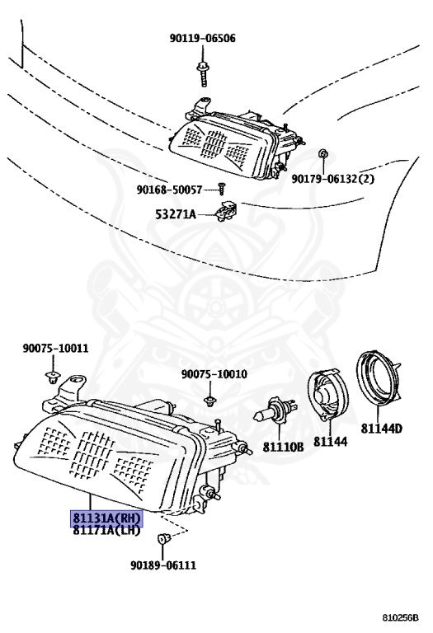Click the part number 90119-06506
coord(202,39)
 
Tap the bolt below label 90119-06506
coord(202,74)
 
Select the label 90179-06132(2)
coord(333,179)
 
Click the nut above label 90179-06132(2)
coord(322,154)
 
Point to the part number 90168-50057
coord(169,190)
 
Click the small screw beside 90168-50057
coord(221,188)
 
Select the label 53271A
coord(176,214)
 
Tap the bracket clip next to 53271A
coord(227,211)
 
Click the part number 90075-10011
coord(55,349)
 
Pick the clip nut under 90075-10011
coord(52,378)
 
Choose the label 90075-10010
coord(214,374)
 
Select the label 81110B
coord(284,447)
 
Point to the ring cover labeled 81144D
coord(378,378)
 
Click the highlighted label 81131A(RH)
coord(106,518)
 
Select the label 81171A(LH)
coord(106,530)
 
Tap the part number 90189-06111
coord(163,565)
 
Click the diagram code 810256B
coord(401,618)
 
